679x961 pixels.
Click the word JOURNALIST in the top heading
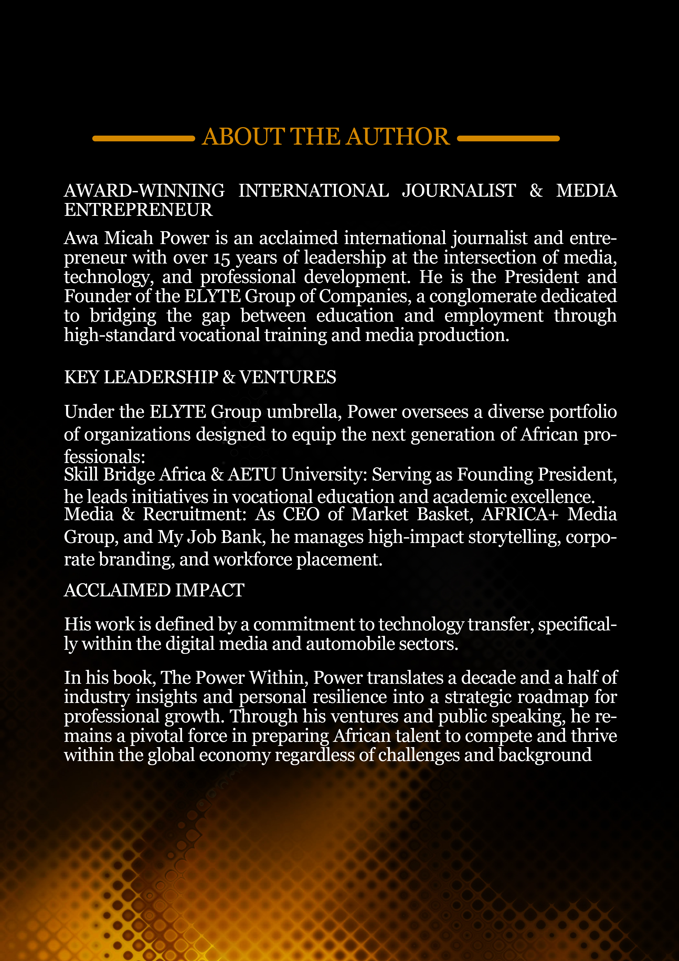coord(459,191)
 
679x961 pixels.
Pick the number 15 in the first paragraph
coord(222,258)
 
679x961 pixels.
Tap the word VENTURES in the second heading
coord(287,377)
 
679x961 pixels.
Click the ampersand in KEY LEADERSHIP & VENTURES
coord(229,377)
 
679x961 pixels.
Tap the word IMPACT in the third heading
coord(210,590)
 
